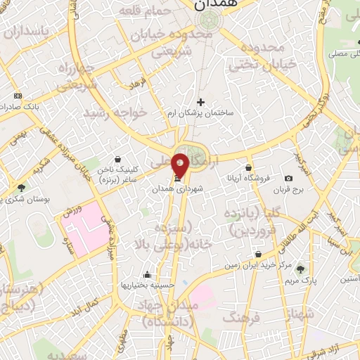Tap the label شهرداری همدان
(181, 189)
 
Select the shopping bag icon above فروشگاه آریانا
(249, 167)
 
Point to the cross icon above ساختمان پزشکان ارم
(200, 102)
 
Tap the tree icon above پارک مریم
(301, 269)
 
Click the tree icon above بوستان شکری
(21, 188)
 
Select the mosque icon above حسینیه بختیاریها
(146, 275)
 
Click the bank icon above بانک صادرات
(18, 96)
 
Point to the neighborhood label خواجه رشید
(116, 112)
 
